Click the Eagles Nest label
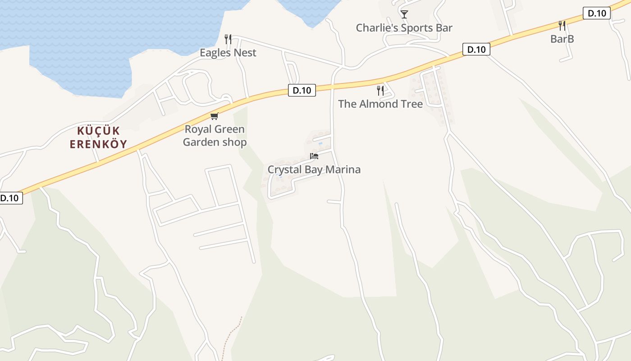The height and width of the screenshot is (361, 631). pos(228,53)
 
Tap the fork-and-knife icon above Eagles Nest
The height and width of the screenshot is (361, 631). pos(228,39)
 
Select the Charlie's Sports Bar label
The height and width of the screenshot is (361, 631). pos(404,28)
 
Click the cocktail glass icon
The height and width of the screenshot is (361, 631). pos(404,14)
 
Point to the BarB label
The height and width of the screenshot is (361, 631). pos(562,39)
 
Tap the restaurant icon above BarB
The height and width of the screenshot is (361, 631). pos(562,25)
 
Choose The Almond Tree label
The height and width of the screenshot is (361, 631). pos(380,104)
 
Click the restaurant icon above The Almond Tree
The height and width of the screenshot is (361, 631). pos(380,91)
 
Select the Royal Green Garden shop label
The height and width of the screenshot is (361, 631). pos(215,136)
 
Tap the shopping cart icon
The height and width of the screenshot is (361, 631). pos(215,116)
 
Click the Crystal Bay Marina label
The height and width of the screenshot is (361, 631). pos(314,170)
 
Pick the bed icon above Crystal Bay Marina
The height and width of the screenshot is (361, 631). pos(314,156)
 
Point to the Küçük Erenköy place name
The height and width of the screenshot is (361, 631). pos(98,138)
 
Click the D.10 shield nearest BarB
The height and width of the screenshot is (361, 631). pos(596,14)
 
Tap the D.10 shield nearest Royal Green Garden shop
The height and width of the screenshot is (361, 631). pos(302,90)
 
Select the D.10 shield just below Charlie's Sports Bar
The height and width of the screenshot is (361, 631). pos(476,49)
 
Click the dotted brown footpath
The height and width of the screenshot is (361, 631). pos(232,336)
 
